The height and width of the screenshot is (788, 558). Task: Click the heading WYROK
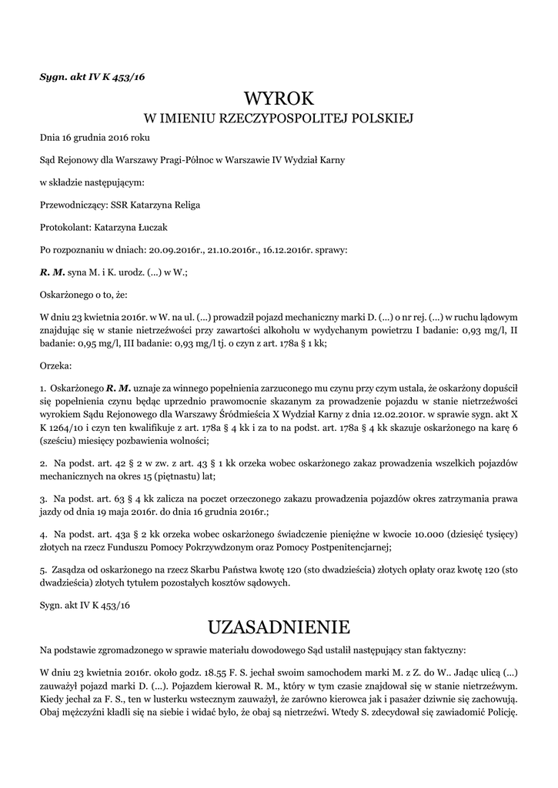click(x=279, y=99)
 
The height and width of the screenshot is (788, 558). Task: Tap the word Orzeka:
click(x=55, y=366)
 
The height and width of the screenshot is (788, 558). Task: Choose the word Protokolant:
click(x=65, y=228)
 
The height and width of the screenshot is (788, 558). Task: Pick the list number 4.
click(x=43, y=533)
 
